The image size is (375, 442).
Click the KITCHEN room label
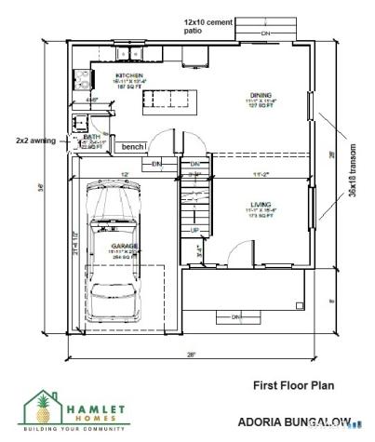coord(128,74)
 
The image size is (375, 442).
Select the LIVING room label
coord(259,206)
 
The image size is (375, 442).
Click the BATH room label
coord(89,136)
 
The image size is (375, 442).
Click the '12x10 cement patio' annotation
coord(208,25)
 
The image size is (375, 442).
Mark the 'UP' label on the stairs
coord(194,229)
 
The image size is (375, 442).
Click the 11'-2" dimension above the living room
coord(261,173)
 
